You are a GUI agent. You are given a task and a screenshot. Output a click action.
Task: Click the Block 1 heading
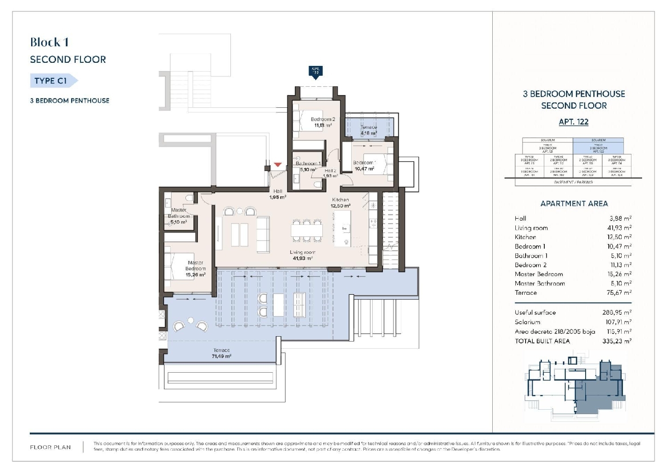tap(49, 42)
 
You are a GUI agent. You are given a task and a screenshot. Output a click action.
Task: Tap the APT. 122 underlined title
tap(574, 122)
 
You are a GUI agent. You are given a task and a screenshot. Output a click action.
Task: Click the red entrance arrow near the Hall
tap(278, 165)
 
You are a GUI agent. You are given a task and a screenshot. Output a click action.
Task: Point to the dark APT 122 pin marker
tap(315, 72)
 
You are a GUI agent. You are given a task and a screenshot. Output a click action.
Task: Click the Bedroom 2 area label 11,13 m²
tap(323, 126)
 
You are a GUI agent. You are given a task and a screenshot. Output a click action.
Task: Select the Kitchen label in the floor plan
tap(341, 200)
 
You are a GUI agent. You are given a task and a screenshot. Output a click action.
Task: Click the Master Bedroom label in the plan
tap(195, 266)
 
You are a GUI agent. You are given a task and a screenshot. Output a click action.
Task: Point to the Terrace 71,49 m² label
tap(221, 354)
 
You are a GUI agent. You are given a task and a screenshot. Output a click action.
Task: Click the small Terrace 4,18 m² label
tap(369, 130)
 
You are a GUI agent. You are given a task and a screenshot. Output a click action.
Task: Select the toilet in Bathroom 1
tap(317, 184)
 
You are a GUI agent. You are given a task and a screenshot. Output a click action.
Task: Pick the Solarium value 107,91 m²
tap(619, 322)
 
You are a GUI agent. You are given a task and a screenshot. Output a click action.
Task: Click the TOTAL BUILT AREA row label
tap(542, 341)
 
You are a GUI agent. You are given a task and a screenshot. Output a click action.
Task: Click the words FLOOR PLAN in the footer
tap(50, 448)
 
